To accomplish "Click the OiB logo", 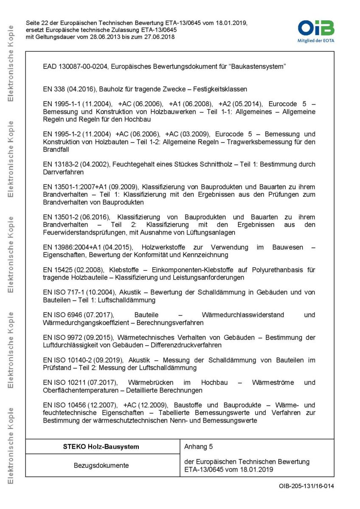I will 316,28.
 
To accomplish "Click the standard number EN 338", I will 53,89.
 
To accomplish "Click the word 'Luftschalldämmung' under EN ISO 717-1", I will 128,300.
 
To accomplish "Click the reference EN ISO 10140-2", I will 67,360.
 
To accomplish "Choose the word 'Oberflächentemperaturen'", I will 80,390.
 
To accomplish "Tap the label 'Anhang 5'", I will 199,447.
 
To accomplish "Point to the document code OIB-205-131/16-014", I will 306,486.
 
